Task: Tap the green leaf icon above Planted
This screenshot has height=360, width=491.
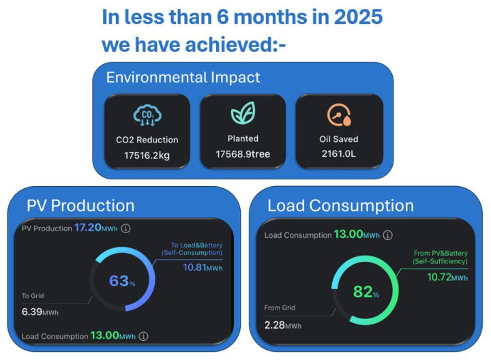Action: point(243,113)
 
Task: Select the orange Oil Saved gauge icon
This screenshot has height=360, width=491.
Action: point(339,114)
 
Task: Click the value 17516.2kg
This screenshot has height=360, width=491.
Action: point(147,155)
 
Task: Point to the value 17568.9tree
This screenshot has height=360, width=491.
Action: point(243,154)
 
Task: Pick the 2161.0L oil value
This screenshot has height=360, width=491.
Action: point(339,155)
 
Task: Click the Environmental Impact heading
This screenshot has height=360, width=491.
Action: point(183,77)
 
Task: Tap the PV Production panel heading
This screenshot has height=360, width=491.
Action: point(80,205)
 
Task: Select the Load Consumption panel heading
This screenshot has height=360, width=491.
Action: point(340,205)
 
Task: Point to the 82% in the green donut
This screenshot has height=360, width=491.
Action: point(366,292)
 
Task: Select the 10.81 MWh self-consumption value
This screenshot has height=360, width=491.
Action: point(203,267)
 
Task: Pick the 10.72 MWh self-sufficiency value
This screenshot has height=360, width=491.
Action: point(447,277)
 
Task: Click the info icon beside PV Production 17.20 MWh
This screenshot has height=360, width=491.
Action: point(126,228)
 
